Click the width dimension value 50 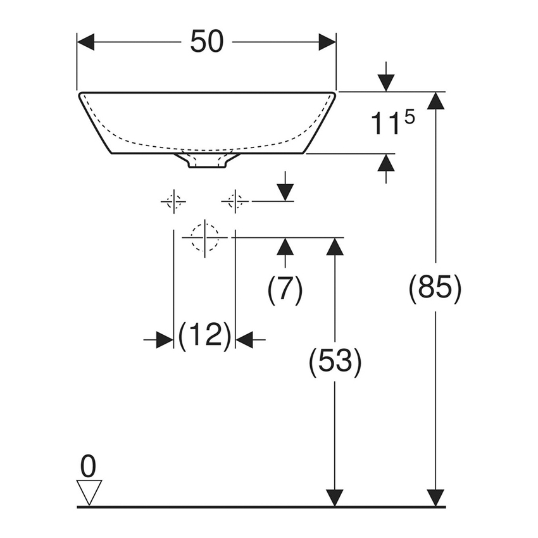click(206, 42)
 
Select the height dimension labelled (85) click(435, 289)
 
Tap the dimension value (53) click(335, 363)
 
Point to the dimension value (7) click(285, 290)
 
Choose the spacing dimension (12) click(204, 335)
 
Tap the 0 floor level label click(89, 466)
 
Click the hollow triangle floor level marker click(89, 491)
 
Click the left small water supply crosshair click(173, 201)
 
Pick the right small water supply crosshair click(235, 201)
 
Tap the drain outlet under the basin click(206, 161)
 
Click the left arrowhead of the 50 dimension click(85, 42)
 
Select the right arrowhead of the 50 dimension click(327, 42)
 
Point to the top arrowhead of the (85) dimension click(435, 101)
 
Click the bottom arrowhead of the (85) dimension click(435, 498)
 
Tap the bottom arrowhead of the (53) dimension click(335, 498)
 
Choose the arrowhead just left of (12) click(165, 340)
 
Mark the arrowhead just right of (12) click(244, 340)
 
